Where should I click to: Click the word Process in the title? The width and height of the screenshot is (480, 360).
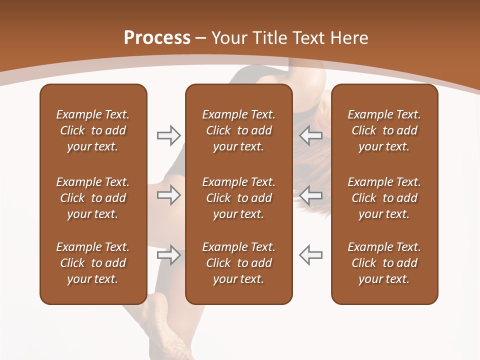157,38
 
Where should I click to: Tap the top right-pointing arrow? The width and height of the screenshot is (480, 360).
168,135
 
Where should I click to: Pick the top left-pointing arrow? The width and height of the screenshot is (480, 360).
311,135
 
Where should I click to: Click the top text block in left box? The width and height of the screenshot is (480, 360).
93,130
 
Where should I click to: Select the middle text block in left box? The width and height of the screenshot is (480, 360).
93,198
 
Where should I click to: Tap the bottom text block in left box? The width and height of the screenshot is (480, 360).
93,263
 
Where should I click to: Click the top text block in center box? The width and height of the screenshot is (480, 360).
238,130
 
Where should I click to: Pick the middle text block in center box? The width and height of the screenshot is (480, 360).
238,198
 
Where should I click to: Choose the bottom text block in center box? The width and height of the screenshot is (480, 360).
238,263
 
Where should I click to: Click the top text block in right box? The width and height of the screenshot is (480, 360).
384,130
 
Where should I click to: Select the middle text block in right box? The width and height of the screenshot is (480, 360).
384,198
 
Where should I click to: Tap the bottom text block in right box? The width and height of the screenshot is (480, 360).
384,263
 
